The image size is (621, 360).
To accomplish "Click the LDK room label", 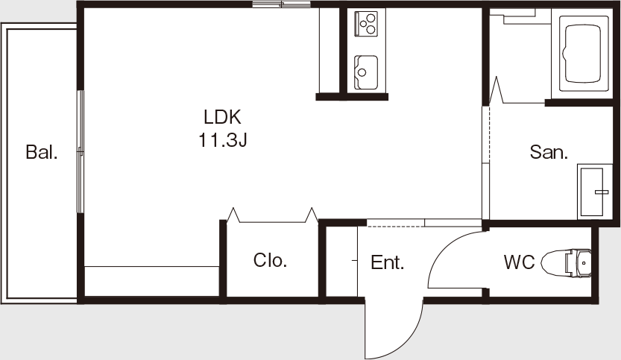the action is click(222, 117).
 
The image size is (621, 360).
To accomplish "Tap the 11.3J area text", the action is click(223, 140).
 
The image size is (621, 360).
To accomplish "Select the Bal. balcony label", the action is click(42, 152).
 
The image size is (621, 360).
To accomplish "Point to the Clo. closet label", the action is click(270, 260).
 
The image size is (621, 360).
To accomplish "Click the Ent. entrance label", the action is click(388, 262).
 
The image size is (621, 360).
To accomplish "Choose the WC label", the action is click(519, 262).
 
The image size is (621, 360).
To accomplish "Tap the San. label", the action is click(549, 152).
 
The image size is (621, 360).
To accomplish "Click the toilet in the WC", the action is click(566, 263).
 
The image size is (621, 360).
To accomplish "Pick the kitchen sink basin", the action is click(365, 72).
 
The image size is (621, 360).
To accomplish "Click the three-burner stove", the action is click(366, 24).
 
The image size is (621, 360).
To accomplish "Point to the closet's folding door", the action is click(273, 216).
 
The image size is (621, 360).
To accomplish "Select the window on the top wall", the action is click(282, 4).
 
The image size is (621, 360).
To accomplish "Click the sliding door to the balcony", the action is click(81, 152).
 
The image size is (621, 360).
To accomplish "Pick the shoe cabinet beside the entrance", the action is click(341, 261).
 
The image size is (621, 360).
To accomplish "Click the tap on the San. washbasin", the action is click(602, 192).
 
